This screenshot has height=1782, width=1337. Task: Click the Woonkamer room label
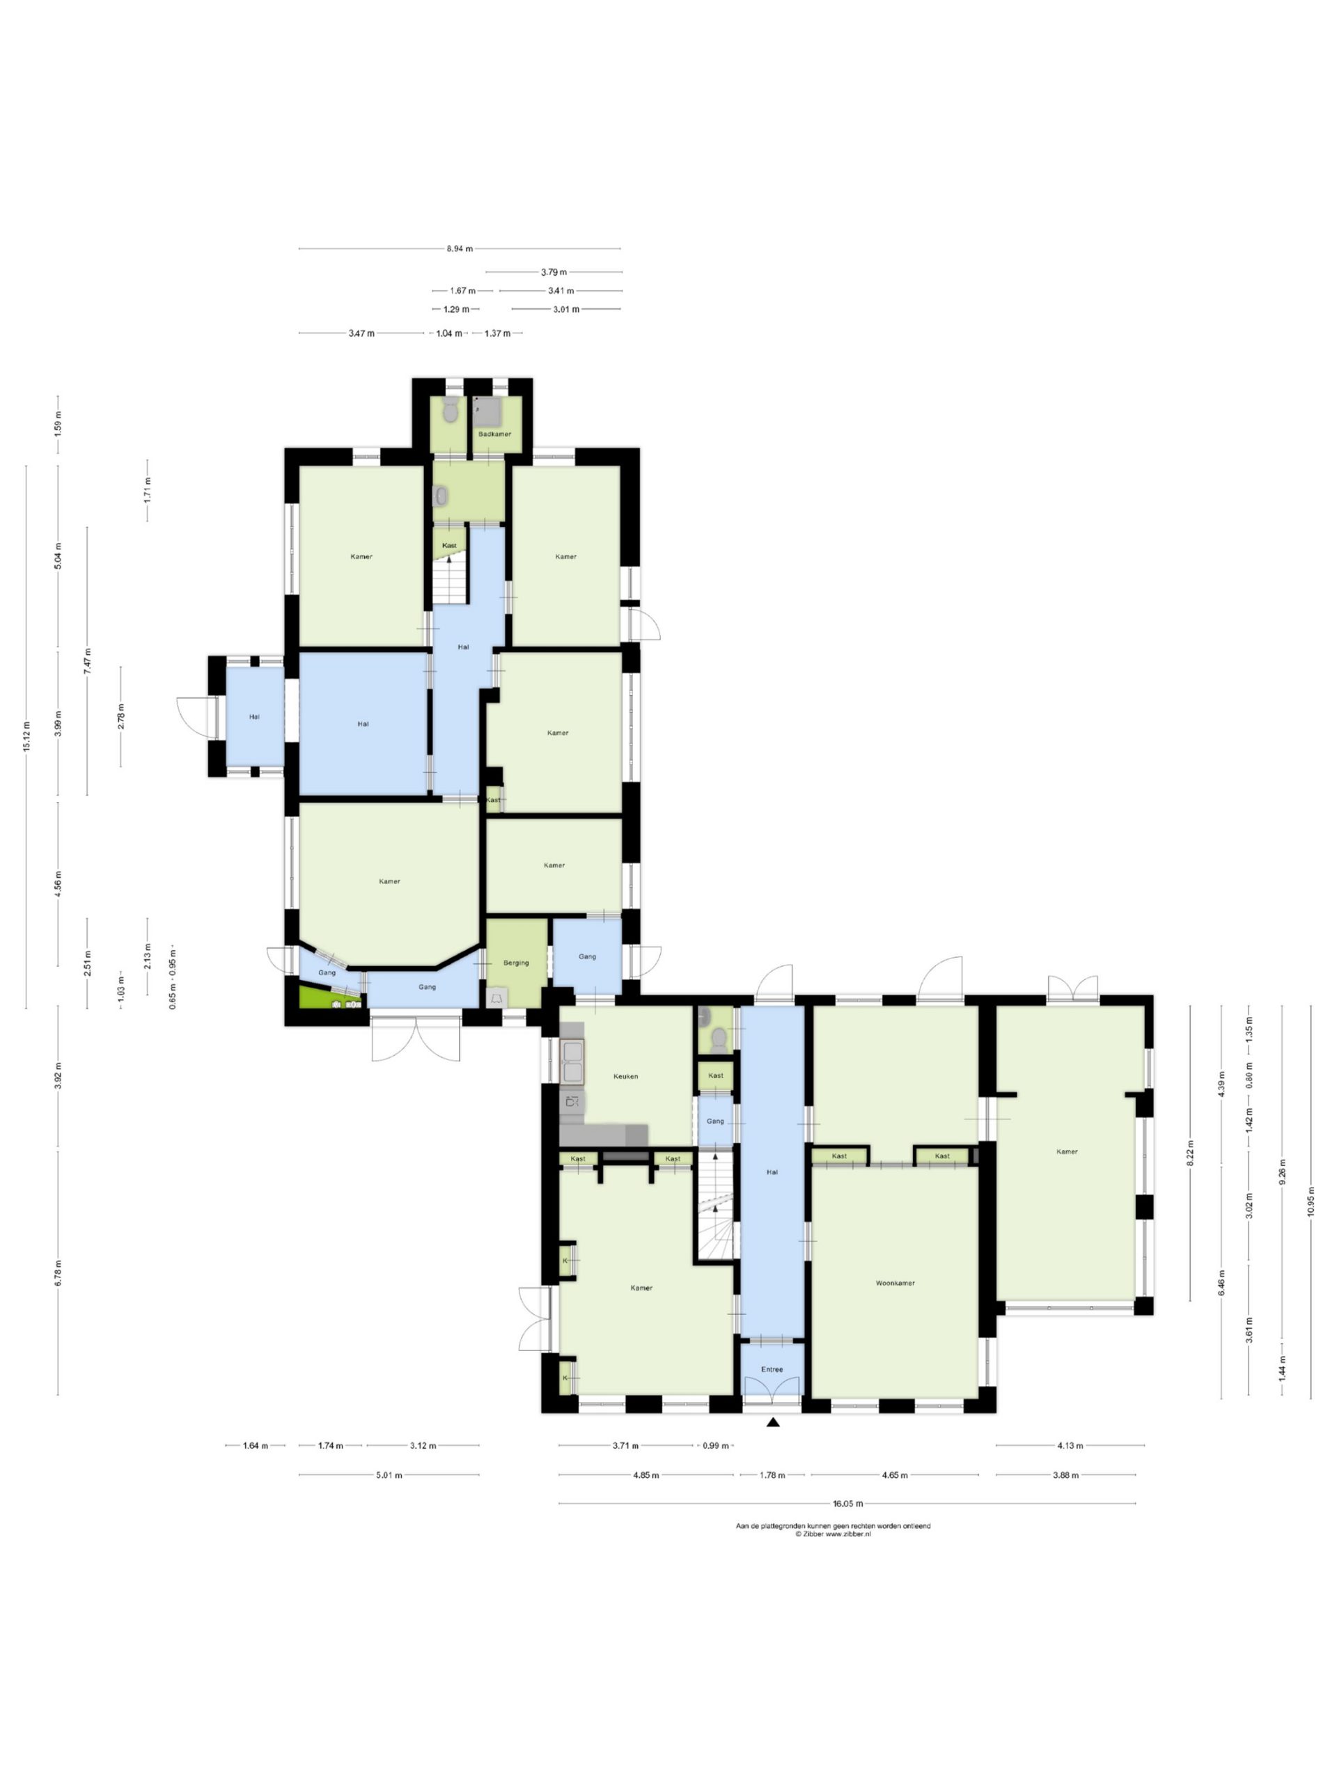tap(895, 1282)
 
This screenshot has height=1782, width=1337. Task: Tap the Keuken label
tap(625, 1076)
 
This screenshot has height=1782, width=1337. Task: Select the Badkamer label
tap(494, 434)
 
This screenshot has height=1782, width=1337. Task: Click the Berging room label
tap(516, 963)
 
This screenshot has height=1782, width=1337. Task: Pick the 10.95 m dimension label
tap(1311, 1206)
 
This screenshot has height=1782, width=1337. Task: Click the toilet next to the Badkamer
tap(451, 411)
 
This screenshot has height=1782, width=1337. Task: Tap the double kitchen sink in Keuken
tap(572, 1061)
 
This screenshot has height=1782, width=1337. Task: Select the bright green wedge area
tap(323, 999)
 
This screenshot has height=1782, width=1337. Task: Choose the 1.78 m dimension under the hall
tap(772, 1476)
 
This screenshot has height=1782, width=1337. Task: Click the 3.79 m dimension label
tap(553, 272)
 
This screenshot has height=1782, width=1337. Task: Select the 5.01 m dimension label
tap(389, 1476)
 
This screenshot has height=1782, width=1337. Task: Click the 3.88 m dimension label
tap(1065, 1476)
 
